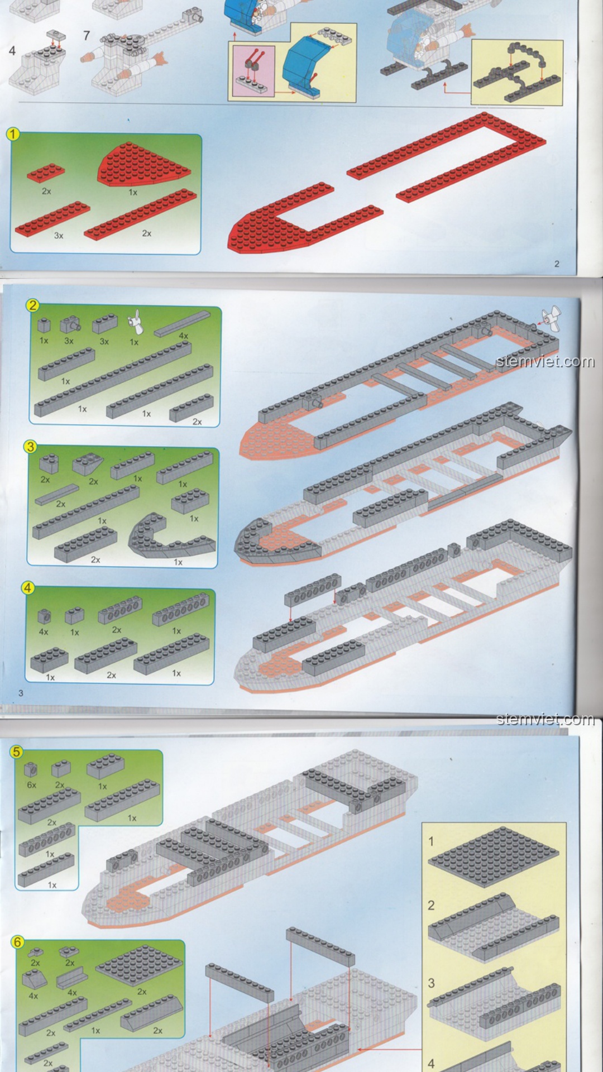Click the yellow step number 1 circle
coord(13,135)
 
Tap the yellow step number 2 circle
coord(32,305)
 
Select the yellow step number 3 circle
coord(30,447)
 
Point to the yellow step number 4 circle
coord(27,588)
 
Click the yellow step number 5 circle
coord(16,752)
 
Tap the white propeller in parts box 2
coord(135,322)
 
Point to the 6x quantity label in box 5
coord(31,785)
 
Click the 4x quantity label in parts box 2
coord(183,336)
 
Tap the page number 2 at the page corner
coord(557,264)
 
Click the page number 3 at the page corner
coord(21,693)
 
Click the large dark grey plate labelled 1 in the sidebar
coord(494,857)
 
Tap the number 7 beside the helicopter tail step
coord(87,36)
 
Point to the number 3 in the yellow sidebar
coord(431,983)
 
